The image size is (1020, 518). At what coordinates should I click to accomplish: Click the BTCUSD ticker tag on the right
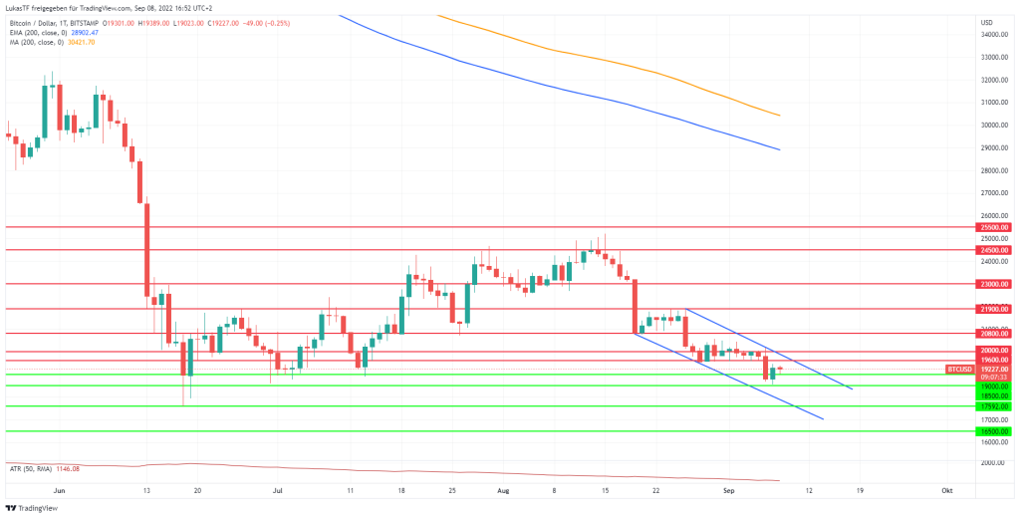point(959,369)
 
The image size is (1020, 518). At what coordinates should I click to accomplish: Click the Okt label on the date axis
point(947,491)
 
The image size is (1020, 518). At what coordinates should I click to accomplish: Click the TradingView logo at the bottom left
point(31,508)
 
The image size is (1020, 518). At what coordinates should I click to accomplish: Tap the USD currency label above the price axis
point(986,22)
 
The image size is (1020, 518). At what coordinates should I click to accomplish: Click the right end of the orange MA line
point(779,116)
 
